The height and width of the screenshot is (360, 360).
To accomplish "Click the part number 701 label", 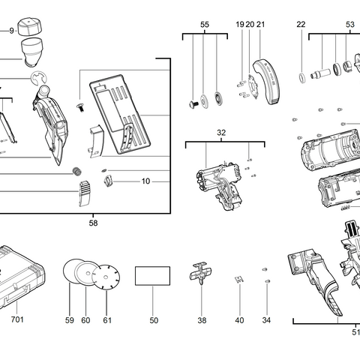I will tap(17, 320).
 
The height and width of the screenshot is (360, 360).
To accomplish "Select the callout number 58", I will tap(93, 223).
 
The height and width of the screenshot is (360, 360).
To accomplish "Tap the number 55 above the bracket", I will tap(205, 25).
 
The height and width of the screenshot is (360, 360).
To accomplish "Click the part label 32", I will tap(221, 132).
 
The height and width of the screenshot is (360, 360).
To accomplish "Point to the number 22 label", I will tap(301, 25).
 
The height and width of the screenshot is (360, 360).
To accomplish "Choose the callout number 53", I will tap(349, 25).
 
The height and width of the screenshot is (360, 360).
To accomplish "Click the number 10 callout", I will tap(145, 181).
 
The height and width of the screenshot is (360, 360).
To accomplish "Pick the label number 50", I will tap(154, 320).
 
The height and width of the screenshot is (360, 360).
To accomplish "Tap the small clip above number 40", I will tap(239, 280).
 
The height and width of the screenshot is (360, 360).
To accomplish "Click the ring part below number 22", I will tap(301, 76).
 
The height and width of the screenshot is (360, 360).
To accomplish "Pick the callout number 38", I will tap(202, 320).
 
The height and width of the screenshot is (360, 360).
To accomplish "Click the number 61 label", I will tap(106, 320).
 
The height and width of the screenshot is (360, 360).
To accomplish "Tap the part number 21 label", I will tap(261, 25).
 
